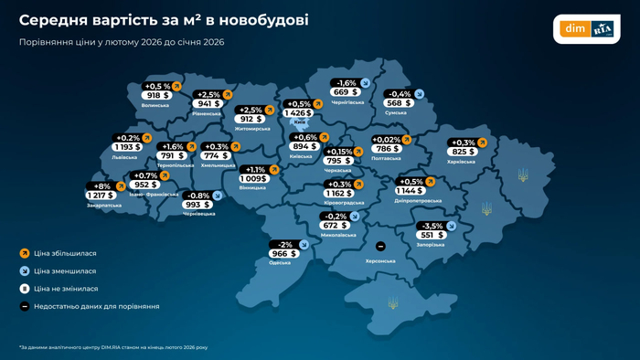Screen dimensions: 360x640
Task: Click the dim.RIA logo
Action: (586, 29)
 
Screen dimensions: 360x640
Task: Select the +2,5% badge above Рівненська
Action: (208, 94)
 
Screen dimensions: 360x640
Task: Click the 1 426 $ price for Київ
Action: (298, 113)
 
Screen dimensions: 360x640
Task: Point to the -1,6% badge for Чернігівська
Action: (346, 83)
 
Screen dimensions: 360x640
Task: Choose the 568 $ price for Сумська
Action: (398, 103)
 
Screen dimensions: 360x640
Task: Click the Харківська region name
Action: (461, 162)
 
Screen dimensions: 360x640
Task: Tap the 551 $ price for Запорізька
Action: (431, 235)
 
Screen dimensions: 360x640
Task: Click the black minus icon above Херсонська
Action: (380, 246)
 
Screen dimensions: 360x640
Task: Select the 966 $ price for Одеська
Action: (283, 254)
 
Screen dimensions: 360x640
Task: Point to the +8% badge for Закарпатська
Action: (101, 186)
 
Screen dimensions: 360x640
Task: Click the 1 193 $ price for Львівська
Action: (127, 147)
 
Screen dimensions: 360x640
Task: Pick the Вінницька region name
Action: (252, 188)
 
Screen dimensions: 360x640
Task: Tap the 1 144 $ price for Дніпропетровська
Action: (410, 191)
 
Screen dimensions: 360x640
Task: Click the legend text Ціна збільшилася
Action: (65, 253)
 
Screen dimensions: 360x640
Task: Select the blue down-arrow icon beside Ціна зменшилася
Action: (25, 270)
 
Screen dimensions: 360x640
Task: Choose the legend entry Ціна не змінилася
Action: (66, 289)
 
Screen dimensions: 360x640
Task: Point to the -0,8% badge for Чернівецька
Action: (198, 196)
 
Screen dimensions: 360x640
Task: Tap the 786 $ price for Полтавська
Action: (386, 149)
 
